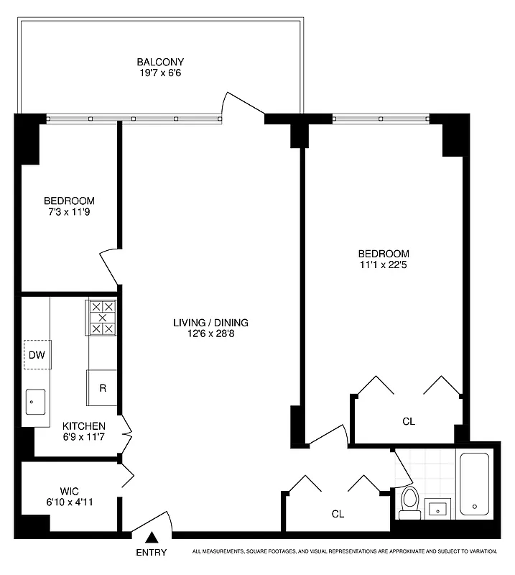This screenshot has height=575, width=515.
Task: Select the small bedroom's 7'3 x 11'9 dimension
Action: tap(69, 213)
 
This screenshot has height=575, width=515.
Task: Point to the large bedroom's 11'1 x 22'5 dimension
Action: tap(384, 265)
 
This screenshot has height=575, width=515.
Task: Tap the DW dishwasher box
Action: tap(37, 354)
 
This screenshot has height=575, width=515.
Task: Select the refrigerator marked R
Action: tap(102, 388)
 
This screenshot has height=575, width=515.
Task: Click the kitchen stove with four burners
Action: tap(102, 317)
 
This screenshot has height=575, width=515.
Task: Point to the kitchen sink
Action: tap(35, 402)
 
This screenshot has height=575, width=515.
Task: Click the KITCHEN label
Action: tap(83, 425)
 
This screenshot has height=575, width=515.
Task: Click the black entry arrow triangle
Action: tap(152, 536)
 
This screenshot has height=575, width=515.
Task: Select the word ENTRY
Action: tap(151, 553)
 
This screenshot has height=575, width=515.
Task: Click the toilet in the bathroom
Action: tap(410, 502)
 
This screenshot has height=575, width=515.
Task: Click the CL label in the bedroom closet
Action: tap(409, 421)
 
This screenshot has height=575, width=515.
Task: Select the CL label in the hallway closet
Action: tap(338, 514)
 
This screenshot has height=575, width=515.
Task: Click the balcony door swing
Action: tap(243, 105)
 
